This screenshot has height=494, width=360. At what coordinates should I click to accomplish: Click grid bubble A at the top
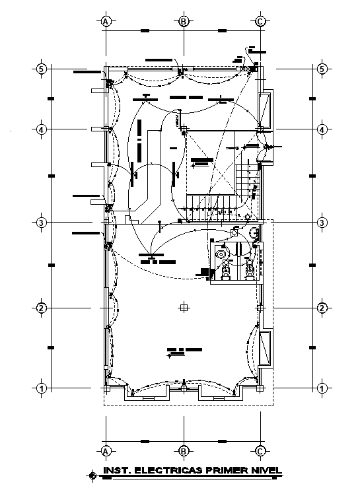(x=105, y=22)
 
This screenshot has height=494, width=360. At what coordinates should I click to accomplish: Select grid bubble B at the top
(x=184, y=22)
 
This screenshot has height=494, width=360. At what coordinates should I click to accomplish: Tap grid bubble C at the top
(x=260, y=22)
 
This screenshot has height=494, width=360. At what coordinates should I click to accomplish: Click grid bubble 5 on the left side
(x=41, y=69)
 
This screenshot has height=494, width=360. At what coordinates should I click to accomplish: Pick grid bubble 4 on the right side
(x=322, y=129)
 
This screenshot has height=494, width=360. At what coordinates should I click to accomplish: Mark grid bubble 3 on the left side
(x=41, y=223)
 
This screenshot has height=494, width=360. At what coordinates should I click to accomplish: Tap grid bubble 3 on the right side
(x=322, y=223)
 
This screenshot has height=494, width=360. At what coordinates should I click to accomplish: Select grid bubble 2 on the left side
(x=41, y=308)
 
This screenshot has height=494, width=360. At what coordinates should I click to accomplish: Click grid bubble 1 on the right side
(x=322, y=388)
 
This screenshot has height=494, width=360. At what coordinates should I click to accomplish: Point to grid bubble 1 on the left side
(x=41, y=388)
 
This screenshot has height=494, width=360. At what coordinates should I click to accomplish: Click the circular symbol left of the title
(x=92, y=474)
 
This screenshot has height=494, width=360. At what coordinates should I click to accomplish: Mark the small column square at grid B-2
(x=184, y=308)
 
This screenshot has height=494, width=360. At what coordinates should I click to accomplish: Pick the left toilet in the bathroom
(x=227, y=269)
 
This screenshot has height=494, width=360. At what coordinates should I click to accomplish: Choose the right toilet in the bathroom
(x=250, y=269)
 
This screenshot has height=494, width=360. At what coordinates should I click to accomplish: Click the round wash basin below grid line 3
(x=254, y=232)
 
